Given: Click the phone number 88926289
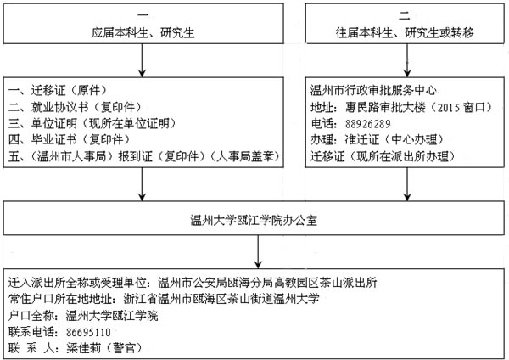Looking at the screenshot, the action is (x=367, y=124).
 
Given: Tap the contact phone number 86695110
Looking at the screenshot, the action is (x=88, y=332).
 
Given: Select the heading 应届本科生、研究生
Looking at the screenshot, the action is (x=143, y=33).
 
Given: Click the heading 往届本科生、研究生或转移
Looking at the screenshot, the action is (x=405, y=33).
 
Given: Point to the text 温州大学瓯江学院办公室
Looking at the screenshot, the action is (x=254, y=220).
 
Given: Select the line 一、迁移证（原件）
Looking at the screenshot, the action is (x=58, y=90).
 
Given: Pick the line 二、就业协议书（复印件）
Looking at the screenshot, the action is (x=75, y=107).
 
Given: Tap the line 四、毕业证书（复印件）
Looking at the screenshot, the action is (x=70, y=140).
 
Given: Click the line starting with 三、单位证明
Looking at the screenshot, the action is (x=92, y=123).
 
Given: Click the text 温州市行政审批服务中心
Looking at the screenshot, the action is (x=373, y=90).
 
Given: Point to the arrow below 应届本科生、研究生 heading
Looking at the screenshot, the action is (x=142, y=60).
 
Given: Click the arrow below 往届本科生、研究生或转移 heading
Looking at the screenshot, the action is (x=407, y=60).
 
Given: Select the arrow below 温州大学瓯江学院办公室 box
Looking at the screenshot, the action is (x=258, y=252).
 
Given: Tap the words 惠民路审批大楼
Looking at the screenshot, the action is (x=385, y=107).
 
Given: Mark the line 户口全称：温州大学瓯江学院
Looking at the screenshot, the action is (x=83, y=316).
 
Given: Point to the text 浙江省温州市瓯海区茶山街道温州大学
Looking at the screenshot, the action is (x=221, y=299).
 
